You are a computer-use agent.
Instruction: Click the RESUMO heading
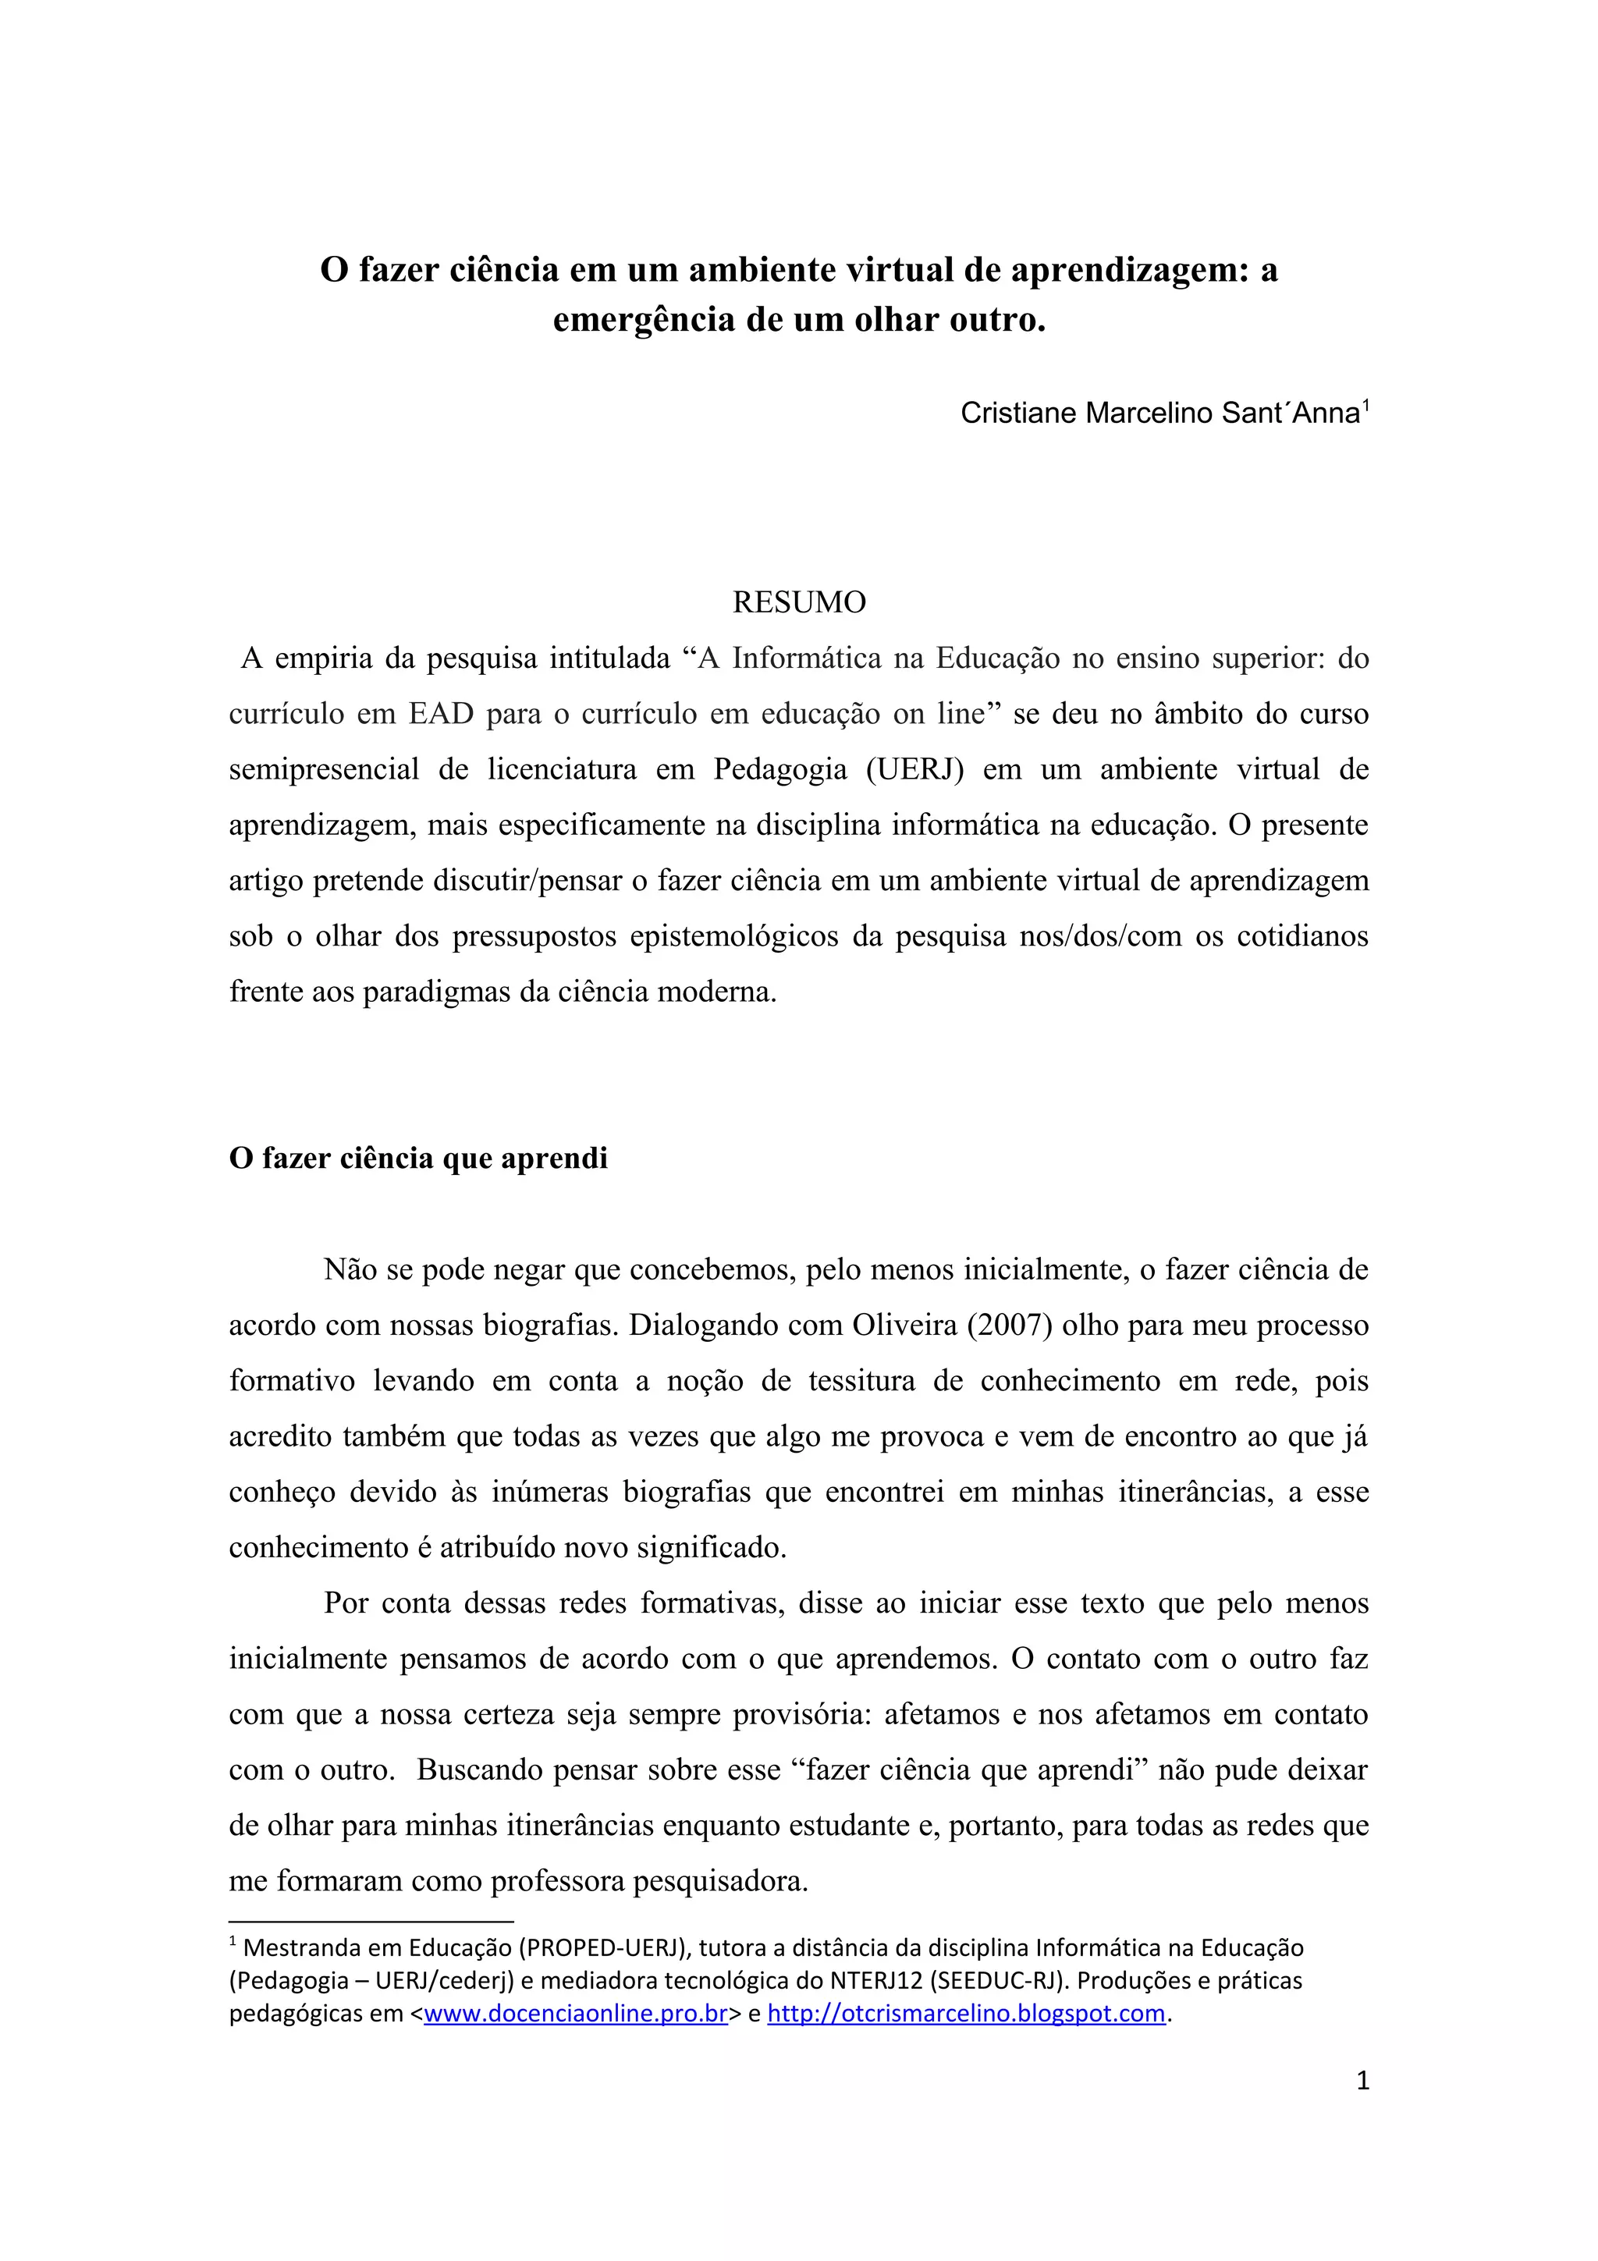click(798, 602)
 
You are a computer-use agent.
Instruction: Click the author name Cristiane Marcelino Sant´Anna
click(1159, 414)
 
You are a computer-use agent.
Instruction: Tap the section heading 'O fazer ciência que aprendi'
click(418, 1158)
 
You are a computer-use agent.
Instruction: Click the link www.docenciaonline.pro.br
click(575, 2013)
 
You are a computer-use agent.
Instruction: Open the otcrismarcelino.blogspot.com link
click(966, 2013)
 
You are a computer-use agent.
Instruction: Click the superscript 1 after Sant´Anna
click(1365, 404)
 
